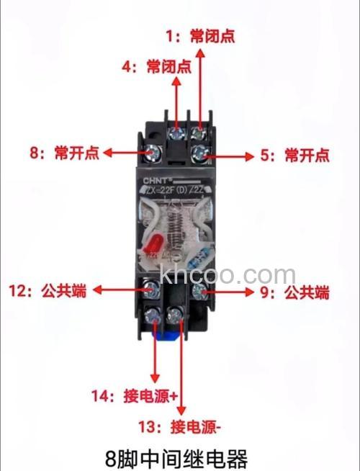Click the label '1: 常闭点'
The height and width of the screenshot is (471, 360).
pyautogui.click(x=201, y=36)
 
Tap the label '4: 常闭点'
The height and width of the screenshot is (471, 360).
pyautogui.click(x=156, y=67)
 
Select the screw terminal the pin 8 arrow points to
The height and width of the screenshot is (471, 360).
pyautogui.click(x=153, y=152)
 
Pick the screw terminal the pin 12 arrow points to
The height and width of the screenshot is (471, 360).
pyautogui.click(x=152, y=290)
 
